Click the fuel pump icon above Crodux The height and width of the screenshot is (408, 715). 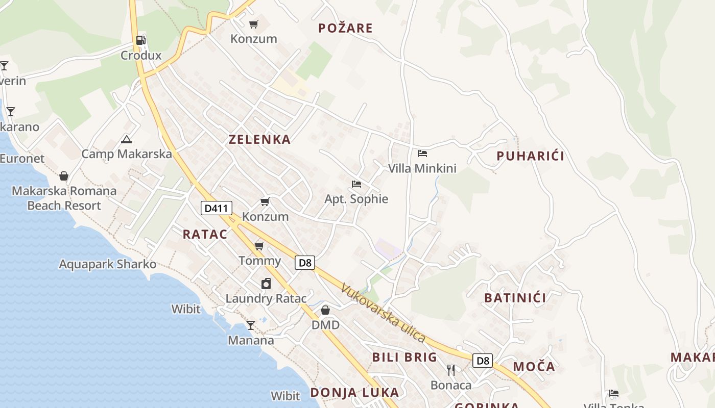[140, 40]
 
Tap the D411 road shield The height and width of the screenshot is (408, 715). [217, 208]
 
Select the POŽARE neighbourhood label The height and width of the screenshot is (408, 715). [345, 28]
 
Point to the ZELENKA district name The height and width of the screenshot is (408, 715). [259, 139]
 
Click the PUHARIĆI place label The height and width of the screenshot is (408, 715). [531, 156]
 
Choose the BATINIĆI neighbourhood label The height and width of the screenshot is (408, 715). [515, 298]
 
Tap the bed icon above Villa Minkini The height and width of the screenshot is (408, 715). [422, 153]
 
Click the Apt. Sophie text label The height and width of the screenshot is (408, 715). [356, 199]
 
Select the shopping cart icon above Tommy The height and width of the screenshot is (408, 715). [259, 246]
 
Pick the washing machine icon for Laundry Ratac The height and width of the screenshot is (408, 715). [266, 284]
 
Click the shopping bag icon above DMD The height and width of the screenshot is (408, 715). [325, 310]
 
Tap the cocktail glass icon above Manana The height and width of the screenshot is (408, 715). [251, 325]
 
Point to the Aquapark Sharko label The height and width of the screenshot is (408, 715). [108, 264]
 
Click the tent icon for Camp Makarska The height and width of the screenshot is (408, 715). [127, 139]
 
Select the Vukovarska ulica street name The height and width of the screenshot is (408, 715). [384, 313]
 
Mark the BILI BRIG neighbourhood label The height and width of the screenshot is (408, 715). [404, 357]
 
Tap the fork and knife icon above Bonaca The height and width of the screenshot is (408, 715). [450, 370]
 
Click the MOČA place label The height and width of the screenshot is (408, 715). [534, 366]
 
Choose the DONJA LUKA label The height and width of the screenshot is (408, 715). [354, 392]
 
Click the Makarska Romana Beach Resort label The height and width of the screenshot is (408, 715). [64, 198]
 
